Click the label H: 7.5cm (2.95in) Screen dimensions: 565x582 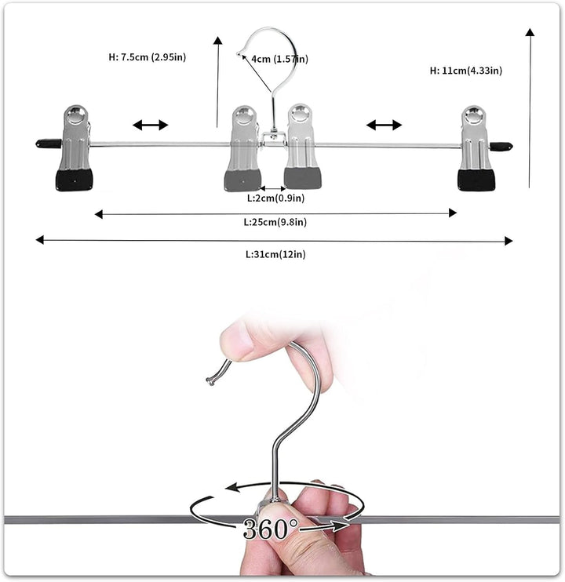click(x=148, y=57)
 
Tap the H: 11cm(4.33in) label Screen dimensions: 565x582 click(x=466, y=71)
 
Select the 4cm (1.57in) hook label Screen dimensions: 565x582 click(x=279, y=59)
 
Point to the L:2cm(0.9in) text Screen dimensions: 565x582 click(x=275, y=198)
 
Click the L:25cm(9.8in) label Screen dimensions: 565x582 click(x=275, y=222)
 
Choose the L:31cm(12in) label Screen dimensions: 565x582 click(x=275, y=254)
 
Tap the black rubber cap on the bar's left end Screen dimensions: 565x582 click(x=49, y=144)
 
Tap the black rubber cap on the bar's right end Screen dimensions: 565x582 click(x=501, y=146)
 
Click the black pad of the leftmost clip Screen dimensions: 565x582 click(x=75, y=180)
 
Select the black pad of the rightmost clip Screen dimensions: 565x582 click(x=476, y=180)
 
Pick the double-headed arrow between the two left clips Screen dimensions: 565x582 click(x=151, y=125)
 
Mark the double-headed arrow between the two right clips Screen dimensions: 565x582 click(x=384, y=125)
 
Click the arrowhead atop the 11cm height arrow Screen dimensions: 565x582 click(x=530, y=32)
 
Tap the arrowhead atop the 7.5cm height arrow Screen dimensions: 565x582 click(x=218, y=41)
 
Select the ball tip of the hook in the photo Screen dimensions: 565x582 click(x=210, y=381)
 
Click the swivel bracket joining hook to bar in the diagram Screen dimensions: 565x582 click(x=273, y=139)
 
